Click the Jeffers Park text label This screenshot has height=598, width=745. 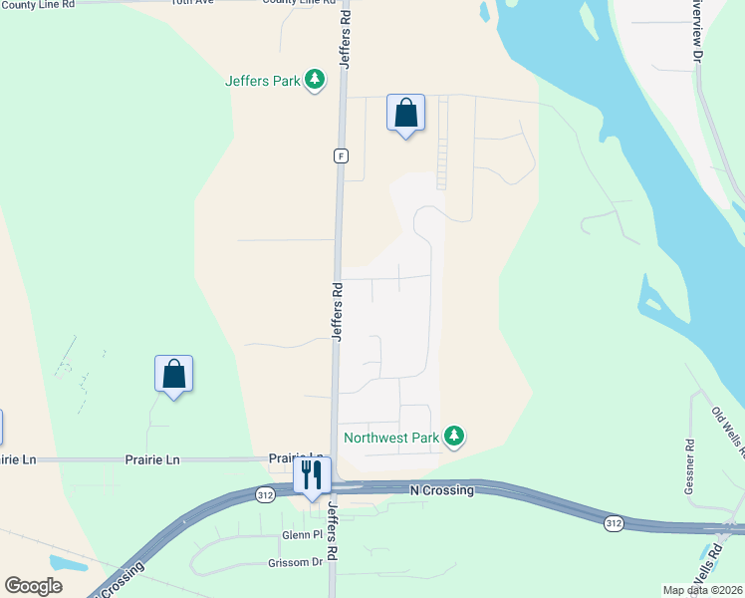click(263, 81)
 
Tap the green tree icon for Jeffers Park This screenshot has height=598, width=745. click(315, 79)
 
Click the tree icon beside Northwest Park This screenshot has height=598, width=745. click(454, 436)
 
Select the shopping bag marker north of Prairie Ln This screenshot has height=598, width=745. click(173, 374)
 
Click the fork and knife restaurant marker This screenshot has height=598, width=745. click(312, 476)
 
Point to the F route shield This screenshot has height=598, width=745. click(341, 155)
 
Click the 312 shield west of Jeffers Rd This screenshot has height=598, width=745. click(265, 494)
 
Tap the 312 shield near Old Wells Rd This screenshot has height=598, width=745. click(615, 522)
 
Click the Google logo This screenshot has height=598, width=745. click(33, 586)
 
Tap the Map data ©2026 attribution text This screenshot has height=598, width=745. click(702, 590)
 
